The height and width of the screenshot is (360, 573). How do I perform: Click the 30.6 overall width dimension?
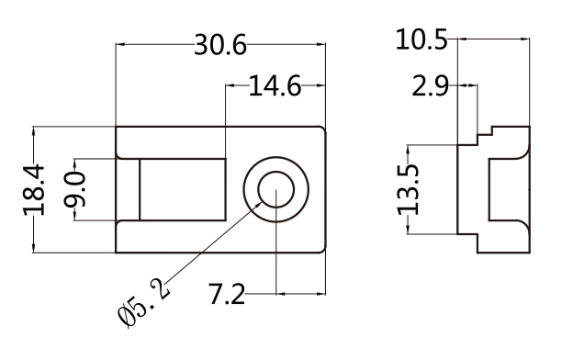[220, 45]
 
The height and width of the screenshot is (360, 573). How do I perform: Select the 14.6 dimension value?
[275, 86]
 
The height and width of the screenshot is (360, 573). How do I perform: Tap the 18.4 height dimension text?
[34, 190]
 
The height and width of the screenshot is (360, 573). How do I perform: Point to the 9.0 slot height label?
[75, 190]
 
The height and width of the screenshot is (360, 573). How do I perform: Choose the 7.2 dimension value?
[227, 294]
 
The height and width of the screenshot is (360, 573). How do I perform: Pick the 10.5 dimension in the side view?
[421, 39]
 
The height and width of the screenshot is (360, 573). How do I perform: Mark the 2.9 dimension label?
[430, 86]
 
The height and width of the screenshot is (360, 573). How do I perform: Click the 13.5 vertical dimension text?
[408, 190]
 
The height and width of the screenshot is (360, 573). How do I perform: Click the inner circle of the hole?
[275, 172]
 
